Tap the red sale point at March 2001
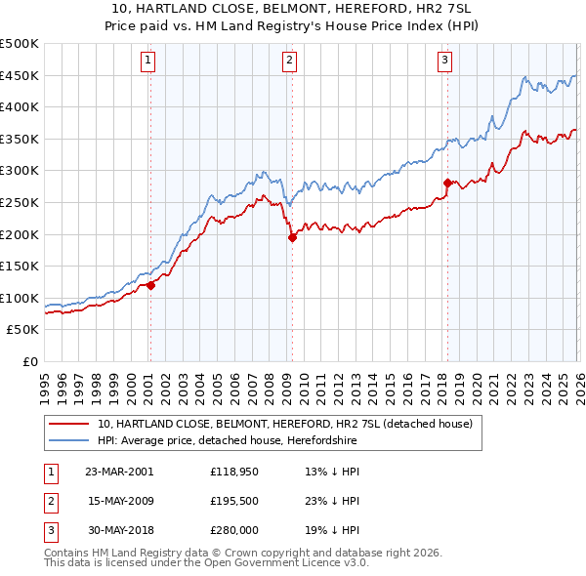[151, 286]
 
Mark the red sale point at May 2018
[447, 183]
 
